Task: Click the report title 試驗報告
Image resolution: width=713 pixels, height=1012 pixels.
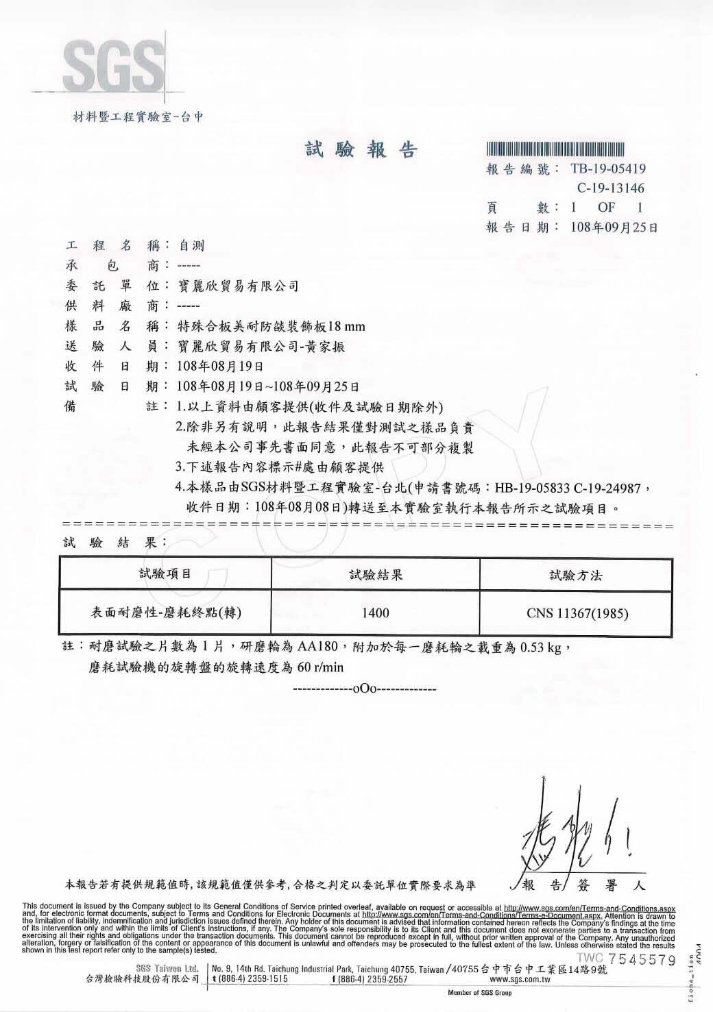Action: pyautogui.click(x=361, y=149)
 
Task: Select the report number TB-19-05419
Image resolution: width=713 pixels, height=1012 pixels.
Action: pyautogui.click(x=607, y=169)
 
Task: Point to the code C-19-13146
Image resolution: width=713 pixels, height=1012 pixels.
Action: pyautogui.click(x=610, y=188)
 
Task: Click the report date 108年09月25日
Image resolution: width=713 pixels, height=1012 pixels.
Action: pyautogui.click(x=614, y=227)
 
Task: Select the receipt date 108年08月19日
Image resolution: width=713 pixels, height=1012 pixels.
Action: pyautogui.click(x=219, y=367)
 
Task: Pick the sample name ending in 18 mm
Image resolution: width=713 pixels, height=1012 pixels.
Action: pyautogui.click(x=271, y=326)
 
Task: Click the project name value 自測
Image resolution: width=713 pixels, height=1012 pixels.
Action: pyautogui.click(x=191, y=245)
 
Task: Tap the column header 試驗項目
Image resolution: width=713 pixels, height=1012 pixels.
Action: pyautogui.click(x=165, y=574)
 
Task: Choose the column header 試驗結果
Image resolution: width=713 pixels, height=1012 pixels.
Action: pyautogui.click(x=376, y=575)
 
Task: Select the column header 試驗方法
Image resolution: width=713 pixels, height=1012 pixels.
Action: pyautogui.click(x=576, y=576)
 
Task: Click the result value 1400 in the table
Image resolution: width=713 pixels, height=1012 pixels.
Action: pyautogui.click(x=376, y=613)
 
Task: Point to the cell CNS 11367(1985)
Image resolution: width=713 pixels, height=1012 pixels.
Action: pyautogui.click(x=577, y=613)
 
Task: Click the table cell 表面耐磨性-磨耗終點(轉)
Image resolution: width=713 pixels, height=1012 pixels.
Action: pyautogui.click(x=166, y=613)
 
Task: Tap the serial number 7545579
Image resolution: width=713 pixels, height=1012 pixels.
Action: pyautogui.click(x=641, y=960)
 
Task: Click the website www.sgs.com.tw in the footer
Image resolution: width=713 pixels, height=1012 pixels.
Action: pyautogui.click(x=520, y=979)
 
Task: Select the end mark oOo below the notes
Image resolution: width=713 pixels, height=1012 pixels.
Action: pyautogui.click(x=364, y=688)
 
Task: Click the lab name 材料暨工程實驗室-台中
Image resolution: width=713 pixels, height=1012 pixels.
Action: pyautogui.click(x=138, y=117)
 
